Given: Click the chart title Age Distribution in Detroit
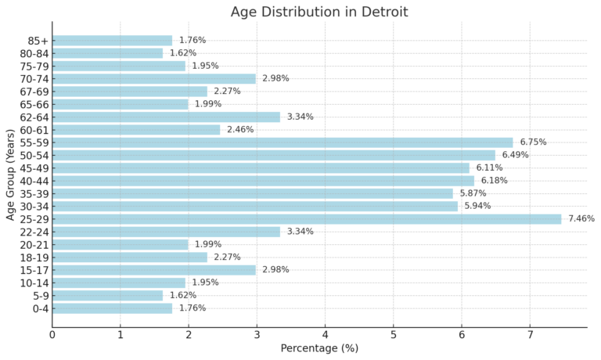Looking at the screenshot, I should click(x=318, y=12).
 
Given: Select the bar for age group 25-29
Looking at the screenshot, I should click(x=307, y=219).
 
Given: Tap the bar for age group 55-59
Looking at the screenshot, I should click(x=283, y=142).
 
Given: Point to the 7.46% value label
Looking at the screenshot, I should click(x=581, y=219).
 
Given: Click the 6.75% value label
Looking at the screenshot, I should click(x=533, y=142).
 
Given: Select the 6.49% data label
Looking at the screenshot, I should click(x=515, y=155).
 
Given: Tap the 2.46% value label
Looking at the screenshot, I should click(x=239, y=130).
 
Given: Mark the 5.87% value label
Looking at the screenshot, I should click(x=473, y=193).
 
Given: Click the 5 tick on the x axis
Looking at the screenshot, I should click(x=394, y=336).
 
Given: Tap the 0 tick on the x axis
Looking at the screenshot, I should click(x=52, y=336).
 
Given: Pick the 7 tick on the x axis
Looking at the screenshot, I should click(x=530, y=336).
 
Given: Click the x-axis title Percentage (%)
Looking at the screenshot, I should click(x=318, y=349).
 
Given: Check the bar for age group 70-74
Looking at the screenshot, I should click(x=154, y=78).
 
